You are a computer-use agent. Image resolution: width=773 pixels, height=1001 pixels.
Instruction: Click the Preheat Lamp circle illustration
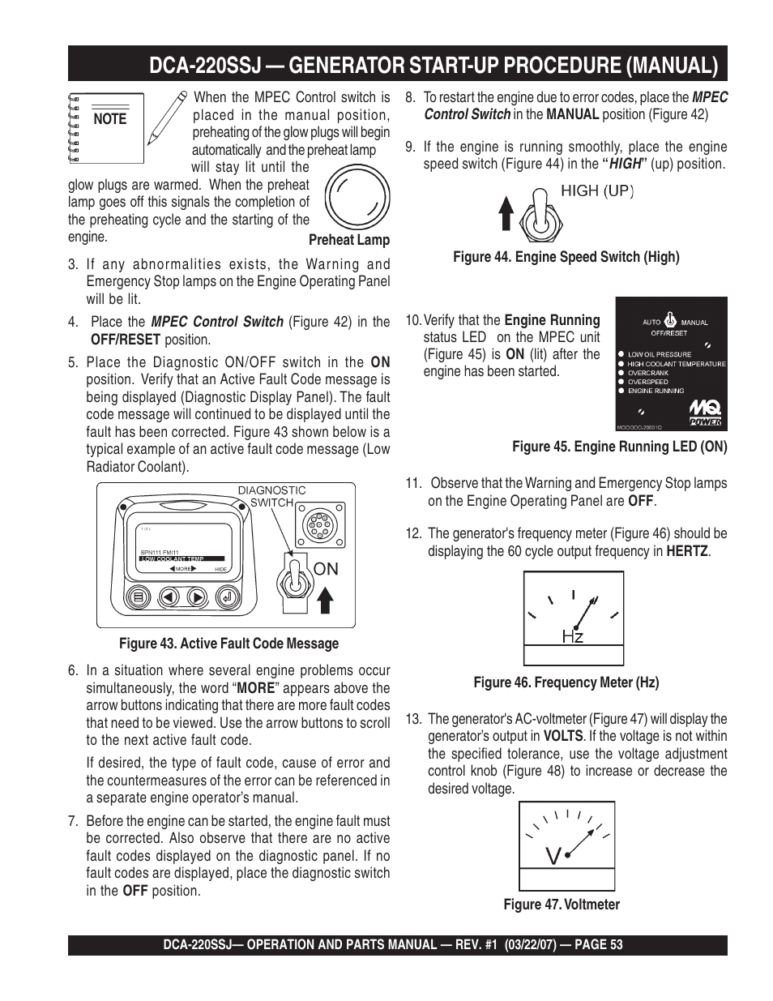click(x=357, y=197)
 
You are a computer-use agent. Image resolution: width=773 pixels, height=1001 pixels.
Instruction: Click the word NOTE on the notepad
click(x=110, y=119)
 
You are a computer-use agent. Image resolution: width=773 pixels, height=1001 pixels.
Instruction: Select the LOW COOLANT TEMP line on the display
click(x=171, y=558)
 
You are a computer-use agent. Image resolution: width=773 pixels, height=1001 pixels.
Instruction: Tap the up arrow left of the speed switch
click(x=506, y=216)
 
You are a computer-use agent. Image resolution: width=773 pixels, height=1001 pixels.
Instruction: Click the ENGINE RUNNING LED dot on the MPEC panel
click(x=621, y=391)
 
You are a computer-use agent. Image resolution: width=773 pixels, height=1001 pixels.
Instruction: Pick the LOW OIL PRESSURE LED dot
click(x=621, y=354)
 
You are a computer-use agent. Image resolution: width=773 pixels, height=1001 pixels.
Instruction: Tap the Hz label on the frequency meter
click(x=573, y=636)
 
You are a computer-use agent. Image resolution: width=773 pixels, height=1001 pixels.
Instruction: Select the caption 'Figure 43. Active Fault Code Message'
click(x=228, y=644)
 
